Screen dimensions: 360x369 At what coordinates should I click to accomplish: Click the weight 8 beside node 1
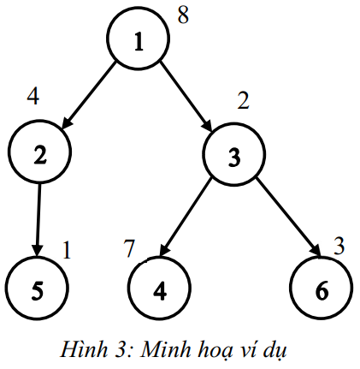[x=183, y=15]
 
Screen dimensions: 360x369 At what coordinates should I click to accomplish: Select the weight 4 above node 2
[x=33, y=97]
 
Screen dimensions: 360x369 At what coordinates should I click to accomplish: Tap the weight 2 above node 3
[x=243, y=100]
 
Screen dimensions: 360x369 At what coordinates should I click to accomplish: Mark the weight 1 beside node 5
[x=67, y=250]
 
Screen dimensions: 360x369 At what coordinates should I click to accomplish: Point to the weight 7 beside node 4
[x=129, y=248]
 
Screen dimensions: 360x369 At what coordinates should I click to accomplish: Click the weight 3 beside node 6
[x=339, y=246]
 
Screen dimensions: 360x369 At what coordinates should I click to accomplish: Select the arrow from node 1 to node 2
[x=89, y=95]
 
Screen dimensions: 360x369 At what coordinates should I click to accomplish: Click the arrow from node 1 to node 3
[x=186, y=96]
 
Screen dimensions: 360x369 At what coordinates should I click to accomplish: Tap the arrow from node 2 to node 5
[x=38, y=220]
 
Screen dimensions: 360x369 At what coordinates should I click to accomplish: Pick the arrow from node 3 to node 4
[x=186, y=217]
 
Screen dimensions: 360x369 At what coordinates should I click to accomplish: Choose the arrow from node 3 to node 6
[x=288, y=217]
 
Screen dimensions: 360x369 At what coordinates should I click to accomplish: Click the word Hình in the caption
[x=83, y=348]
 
